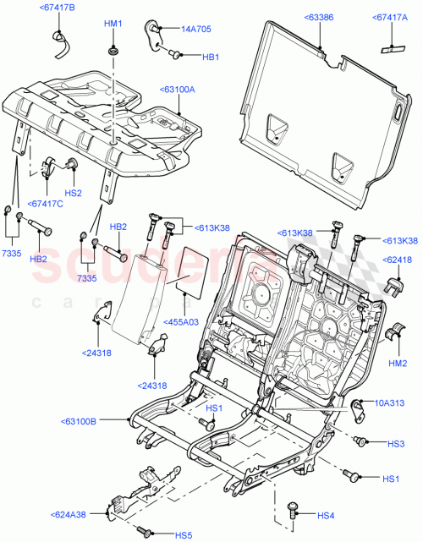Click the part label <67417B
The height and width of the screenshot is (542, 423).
pos(57,8)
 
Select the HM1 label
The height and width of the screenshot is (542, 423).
pos(113,24)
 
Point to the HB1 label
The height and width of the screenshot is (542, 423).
pos(210,57)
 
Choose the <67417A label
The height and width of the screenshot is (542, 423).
pos(389,16)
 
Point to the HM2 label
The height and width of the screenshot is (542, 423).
pos(398,364)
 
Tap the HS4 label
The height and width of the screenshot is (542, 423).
pos(326,516)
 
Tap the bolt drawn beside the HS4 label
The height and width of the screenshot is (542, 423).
pos(294,509)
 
